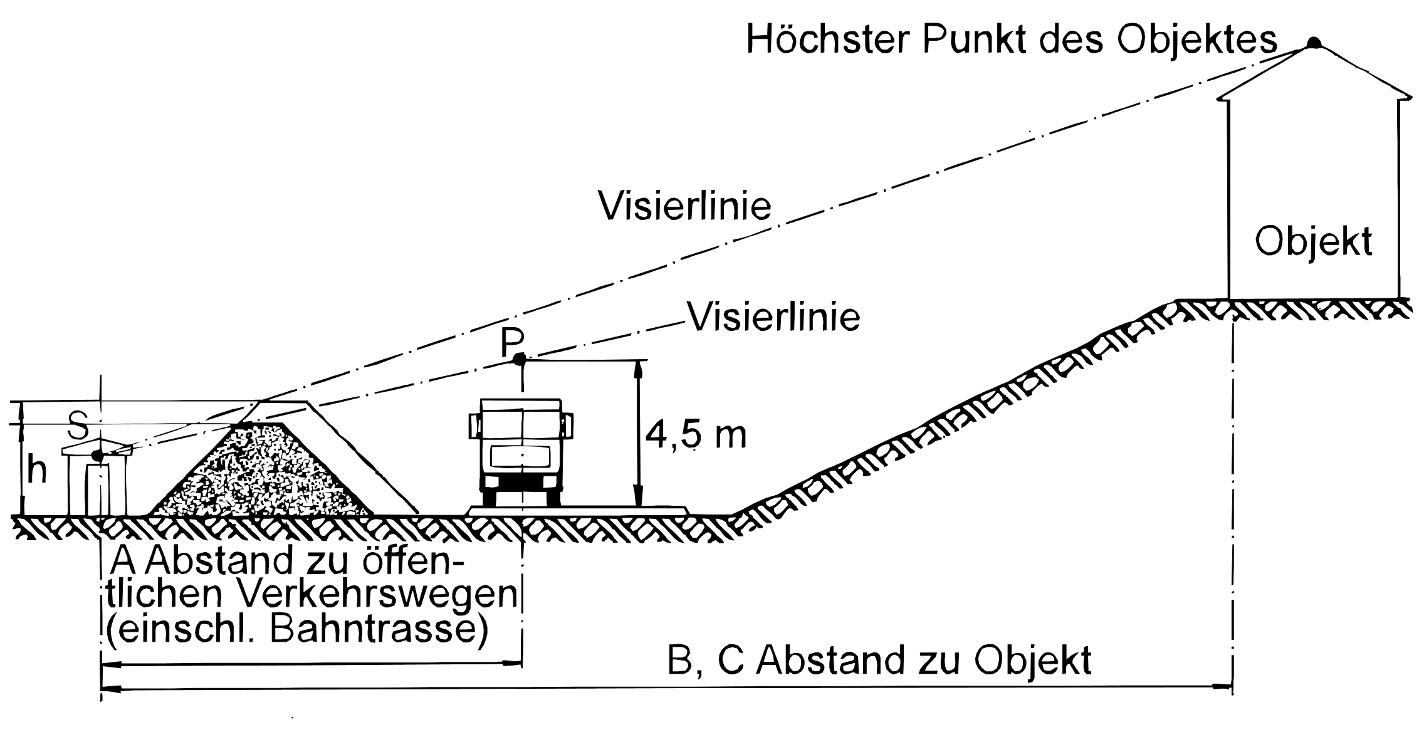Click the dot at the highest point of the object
1313,43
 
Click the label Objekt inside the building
1314,241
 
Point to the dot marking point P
519,359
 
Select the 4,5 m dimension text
696,434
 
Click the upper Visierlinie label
684,205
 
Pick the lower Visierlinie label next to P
774,316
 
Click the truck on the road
521,451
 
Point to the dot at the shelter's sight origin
97,455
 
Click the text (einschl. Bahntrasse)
297,630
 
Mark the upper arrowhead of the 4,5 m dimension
639,369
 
